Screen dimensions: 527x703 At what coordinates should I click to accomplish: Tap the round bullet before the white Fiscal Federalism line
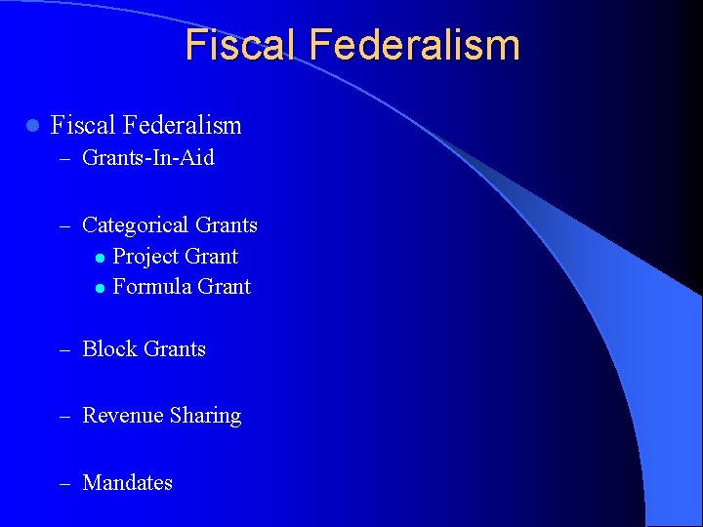pos(32,126)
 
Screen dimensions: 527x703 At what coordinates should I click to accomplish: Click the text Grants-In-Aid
pos(148,157)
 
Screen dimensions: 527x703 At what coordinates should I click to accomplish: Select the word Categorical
pos(136,225)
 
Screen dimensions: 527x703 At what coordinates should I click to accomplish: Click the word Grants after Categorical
pos(227,224)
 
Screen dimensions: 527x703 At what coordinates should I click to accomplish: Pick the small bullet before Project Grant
pos(100,258)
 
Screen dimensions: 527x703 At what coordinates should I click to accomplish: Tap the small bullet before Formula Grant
pos(100,288)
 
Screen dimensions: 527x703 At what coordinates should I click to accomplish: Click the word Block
pos(109,348)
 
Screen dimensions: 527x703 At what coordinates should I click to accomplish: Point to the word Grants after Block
pos(175,348)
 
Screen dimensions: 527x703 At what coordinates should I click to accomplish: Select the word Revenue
pos(123,416)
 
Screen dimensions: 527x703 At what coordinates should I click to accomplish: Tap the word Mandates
pos(128,482)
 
